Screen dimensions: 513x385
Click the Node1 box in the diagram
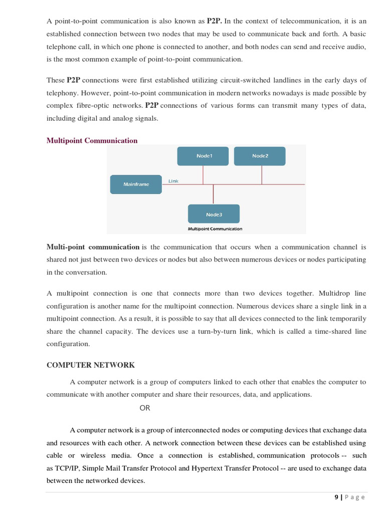(x=203, y=156)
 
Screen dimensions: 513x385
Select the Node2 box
(x=260, y=156)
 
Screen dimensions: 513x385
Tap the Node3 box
(x=214, y=214)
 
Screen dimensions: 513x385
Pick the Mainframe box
(x=136, y=184)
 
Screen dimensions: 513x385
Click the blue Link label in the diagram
(x=173, y=181)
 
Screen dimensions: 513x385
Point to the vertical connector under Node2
(x=261, y=175)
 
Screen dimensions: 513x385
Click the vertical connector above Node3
(x=214, y=194)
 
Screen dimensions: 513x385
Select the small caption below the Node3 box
(x=215, y=229)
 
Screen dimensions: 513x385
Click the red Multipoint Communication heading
(x=92, y=141)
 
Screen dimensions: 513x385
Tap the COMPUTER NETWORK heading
(x=91, y=365)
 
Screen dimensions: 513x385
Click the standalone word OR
(x=145, y=408)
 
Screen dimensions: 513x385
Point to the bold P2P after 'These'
(x=73, y=80)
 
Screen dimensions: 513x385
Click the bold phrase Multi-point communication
(x=93, y=247)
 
